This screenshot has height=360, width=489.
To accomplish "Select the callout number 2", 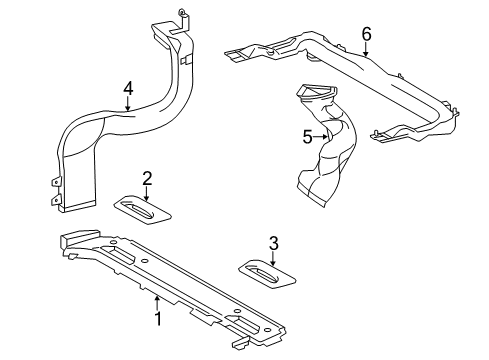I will [x=147, y=178].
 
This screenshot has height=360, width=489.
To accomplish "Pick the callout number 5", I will [x=308, y=137].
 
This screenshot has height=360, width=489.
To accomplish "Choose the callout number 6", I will [x=366, y=34].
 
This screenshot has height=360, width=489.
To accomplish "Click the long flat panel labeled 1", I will [x=180, y=285].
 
